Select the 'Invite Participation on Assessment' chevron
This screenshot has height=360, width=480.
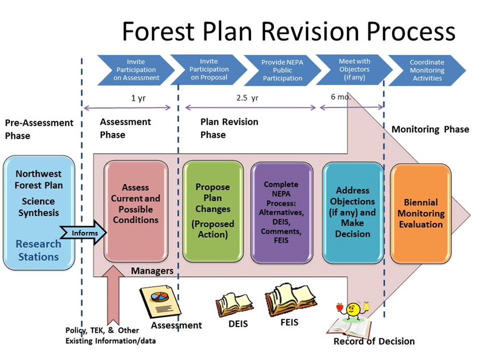pos(135,70)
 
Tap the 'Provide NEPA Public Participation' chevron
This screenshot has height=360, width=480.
pos(282,70)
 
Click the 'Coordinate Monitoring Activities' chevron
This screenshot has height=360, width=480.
pos(427,70)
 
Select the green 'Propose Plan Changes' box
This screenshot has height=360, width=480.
pos(212,211)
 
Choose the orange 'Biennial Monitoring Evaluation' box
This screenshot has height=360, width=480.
pos(420,213)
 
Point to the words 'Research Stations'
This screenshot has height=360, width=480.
pos(38,250)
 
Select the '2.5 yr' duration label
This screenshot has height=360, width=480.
pos(247,97)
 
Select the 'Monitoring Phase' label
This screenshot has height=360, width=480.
pos(430,129)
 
